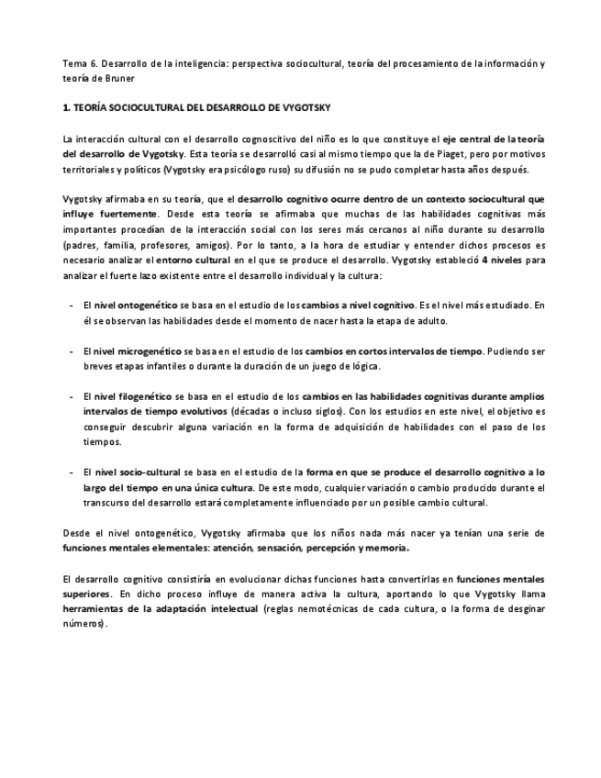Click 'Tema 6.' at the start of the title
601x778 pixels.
(x=76, y=64)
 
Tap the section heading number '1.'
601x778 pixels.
(x=67, y=108)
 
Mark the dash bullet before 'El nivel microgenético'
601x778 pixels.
(x=72, y=351)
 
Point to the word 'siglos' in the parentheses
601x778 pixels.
(x=313, y=411)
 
